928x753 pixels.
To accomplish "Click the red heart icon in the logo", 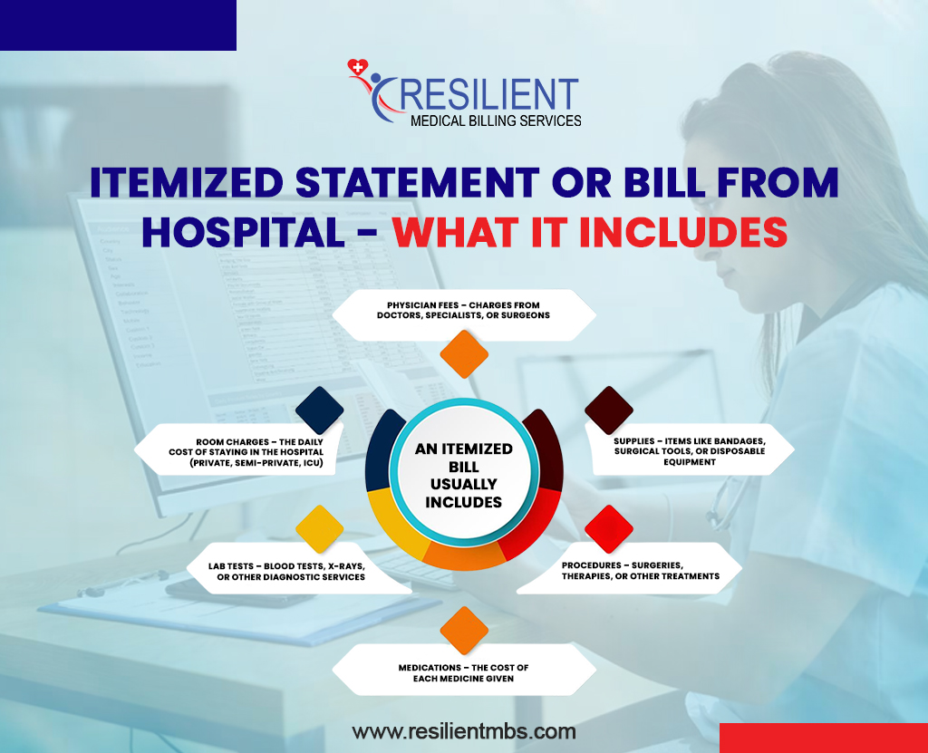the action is (x=357, y=67).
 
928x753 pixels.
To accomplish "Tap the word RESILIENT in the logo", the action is (x=488, y=94).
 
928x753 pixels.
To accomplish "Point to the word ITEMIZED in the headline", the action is (x=187, y=182).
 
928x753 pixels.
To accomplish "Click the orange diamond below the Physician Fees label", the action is (x=464, y=354).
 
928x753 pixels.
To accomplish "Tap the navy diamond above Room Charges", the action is (x=320, y=410).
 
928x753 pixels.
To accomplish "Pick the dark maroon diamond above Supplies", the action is (x=609, y=410).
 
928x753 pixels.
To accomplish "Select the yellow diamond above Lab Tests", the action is (x=320, y=529).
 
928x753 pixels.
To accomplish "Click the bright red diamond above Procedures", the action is (x=609, y=529).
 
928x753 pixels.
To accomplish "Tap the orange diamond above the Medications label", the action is (x=464, y=631).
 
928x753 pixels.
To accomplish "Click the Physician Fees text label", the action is (x=463, y=310).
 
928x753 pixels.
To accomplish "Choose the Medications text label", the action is (x=463, y=673).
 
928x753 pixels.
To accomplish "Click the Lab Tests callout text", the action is (x=287, y=571).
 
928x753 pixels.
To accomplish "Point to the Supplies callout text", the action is (x=690, y=451).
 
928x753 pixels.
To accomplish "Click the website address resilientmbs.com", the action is (x=464, y=731).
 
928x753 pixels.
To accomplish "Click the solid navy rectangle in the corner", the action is (x=119, y=24).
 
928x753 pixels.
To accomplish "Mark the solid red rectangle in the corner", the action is (x=824, y=738).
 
